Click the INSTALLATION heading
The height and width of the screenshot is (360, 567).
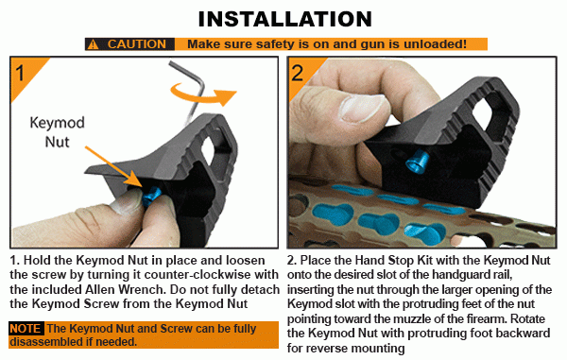click(x=285, y=19)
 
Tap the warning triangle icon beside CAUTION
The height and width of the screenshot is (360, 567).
click(x=93, y=44)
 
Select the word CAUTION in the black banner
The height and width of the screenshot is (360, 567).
click(x=136, y=44)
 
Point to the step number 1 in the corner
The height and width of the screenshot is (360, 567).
click(x=20, y=73)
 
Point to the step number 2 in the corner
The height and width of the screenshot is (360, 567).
click(x=298, y=73)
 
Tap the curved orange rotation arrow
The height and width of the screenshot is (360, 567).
click(x=203, y=94)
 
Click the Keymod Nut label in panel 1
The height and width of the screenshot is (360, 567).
click(x=57, y=132)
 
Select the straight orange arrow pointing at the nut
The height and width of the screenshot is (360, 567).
click(x=112, y=166)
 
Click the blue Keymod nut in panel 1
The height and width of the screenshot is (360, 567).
click(x=151, y=196)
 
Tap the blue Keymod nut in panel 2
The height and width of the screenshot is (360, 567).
click(x=417, y=162)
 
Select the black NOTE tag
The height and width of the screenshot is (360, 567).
click(x=26, y=329)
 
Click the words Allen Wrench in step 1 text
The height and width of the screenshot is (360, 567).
click(x=126, y=289)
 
